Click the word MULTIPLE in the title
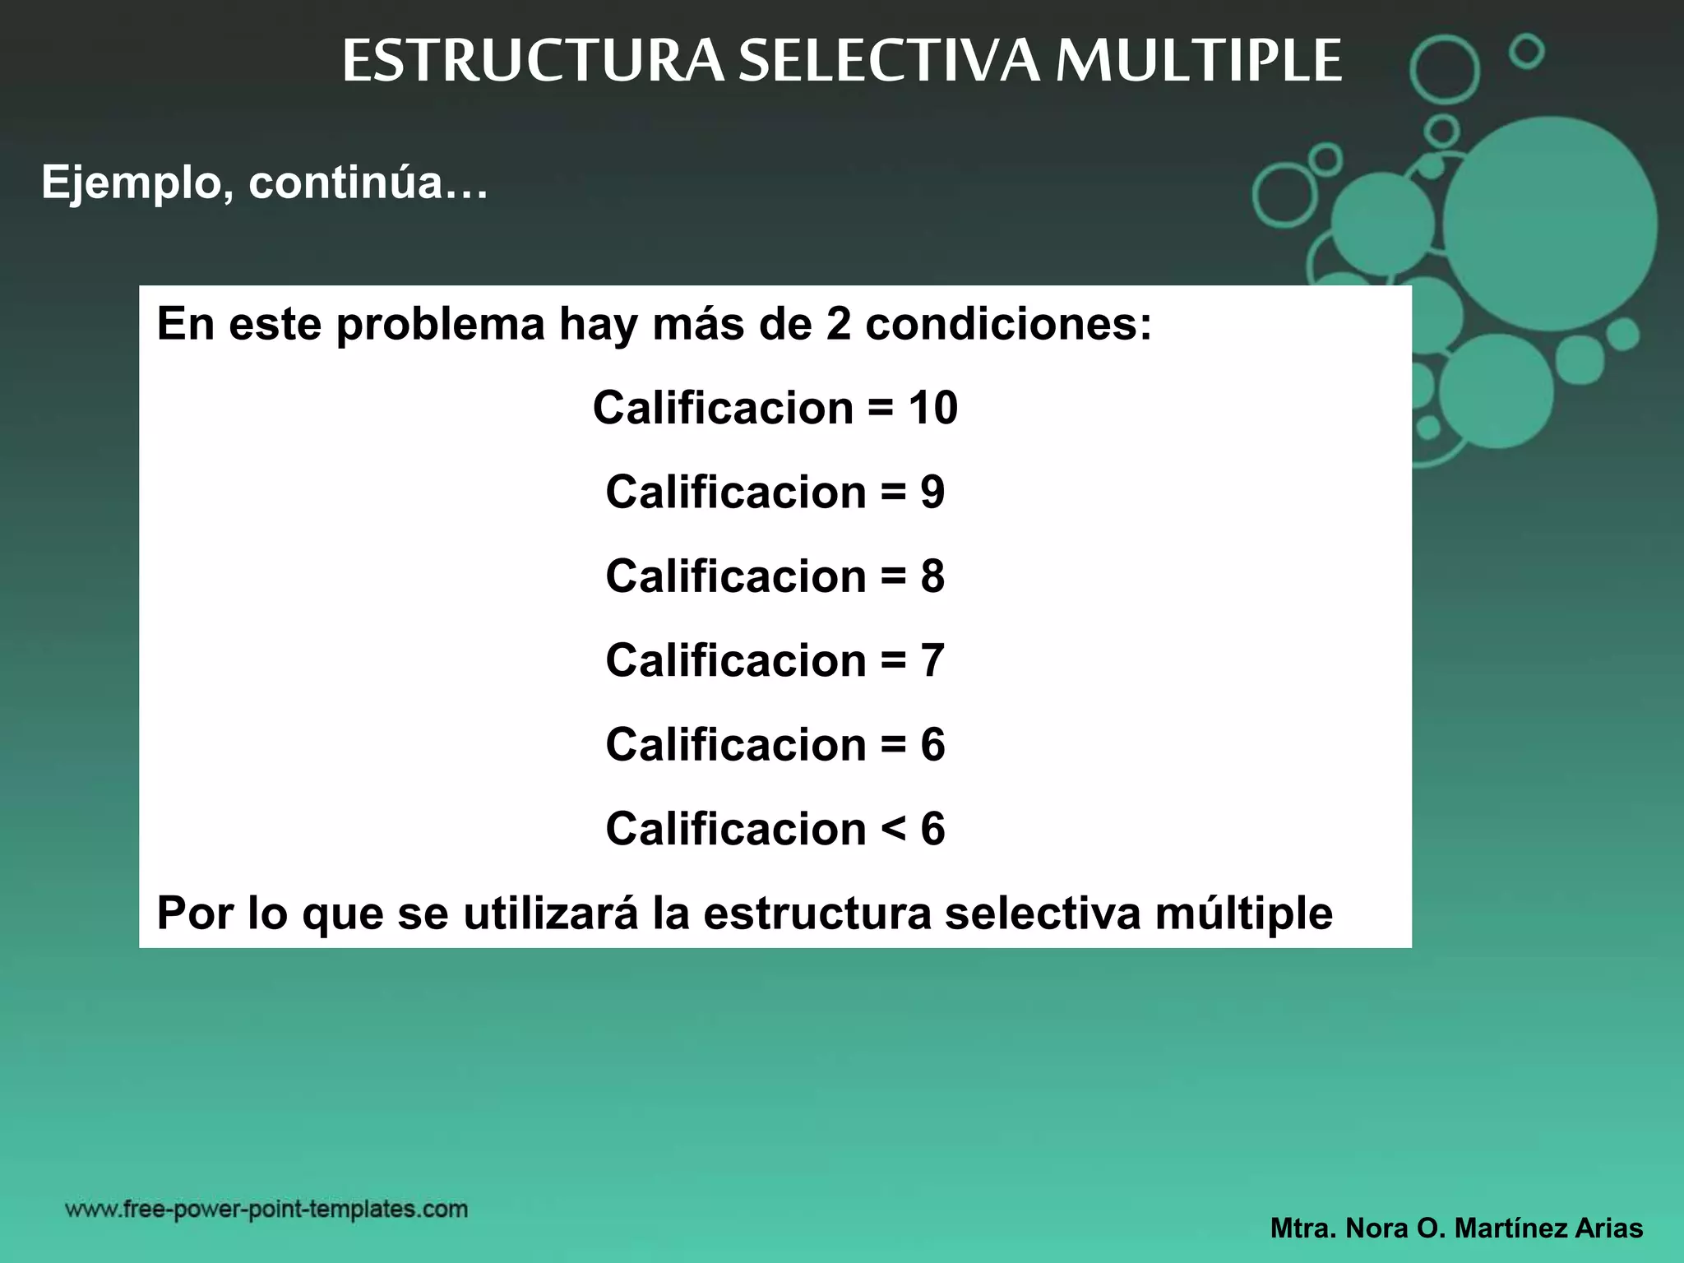1198,62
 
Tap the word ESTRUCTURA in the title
533,62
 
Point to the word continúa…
368,183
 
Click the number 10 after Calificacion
932,408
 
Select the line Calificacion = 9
775,493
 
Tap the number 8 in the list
932,576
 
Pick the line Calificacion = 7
775,661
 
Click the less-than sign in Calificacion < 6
893,829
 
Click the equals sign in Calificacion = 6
893,745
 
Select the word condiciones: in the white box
1009,324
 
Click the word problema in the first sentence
441,324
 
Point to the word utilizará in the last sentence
550,914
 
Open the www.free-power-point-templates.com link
266,1209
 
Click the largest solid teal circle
1550,224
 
